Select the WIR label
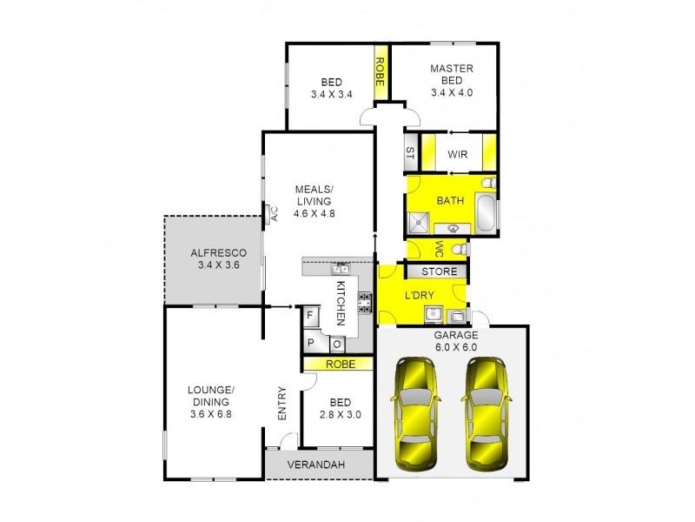pyautogui.click(x=458, y=154)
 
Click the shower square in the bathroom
pyautogui.click(x=419, y=222)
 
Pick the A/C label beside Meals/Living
pyautogui.click(x=272, y=213)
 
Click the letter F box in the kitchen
pyautogui.click(x=310, y=316)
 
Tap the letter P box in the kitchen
pyautogui.click(x=310, y=343)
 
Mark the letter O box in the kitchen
pyautogui.click(x=335, y=343)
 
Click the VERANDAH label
pyautogui.click(x=317, y=465)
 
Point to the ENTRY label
pyautogui.click(x=281, y=404)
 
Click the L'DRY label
pyautogui.click(x=420, y=296)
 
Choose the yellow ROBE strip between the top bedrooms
pyautogui.click(x=380, y=69)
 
